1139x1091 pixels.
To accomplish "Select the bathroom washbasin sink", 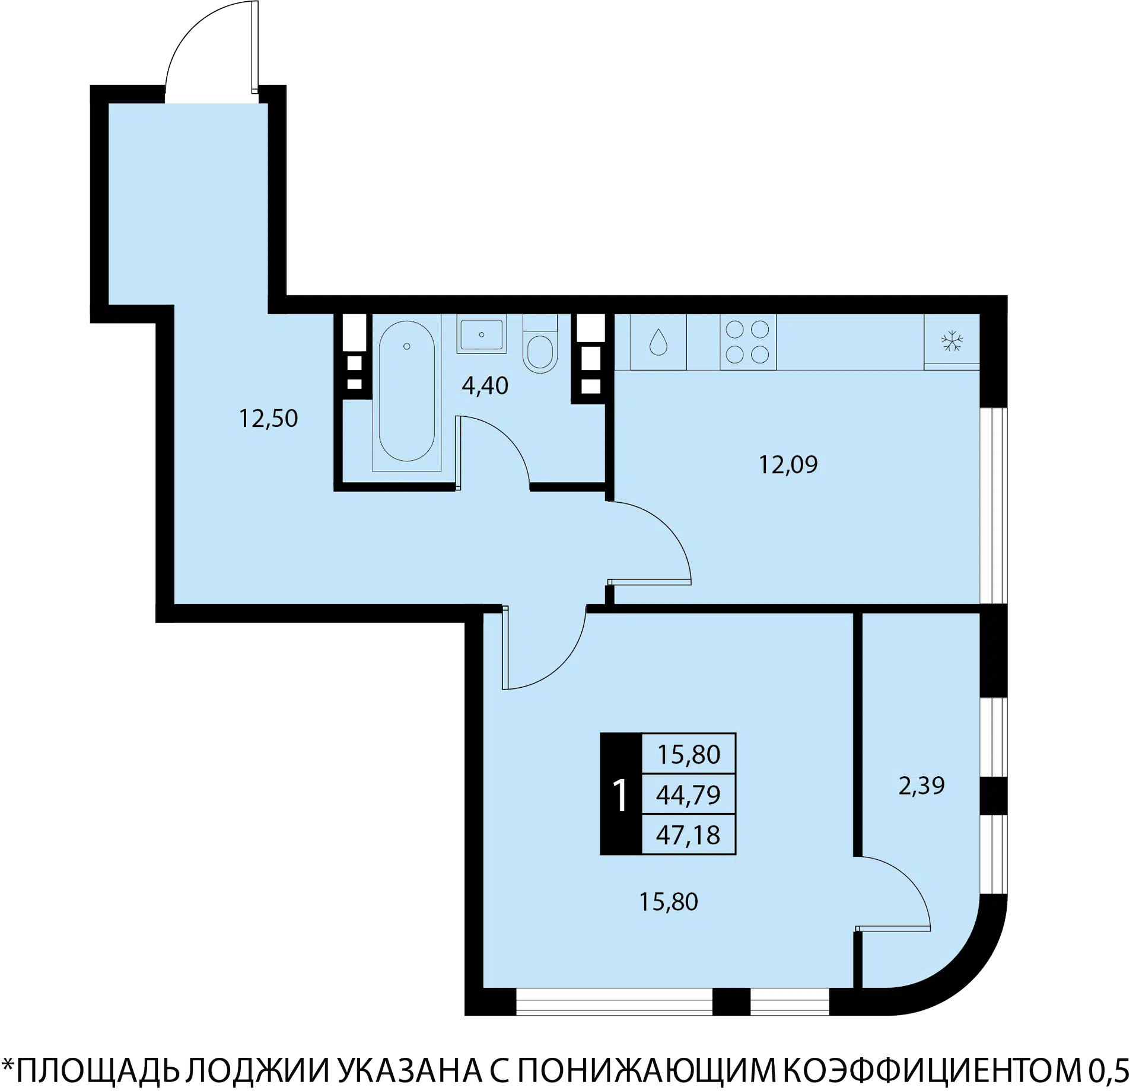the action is pos(481,335).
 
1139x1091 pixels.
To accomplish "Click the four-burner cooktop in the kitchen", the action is pos(747,342).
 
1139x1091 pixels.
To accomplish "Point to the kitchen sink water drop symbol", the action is pos(658,342).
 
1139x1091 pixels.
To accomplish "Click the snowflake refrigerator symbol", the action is pos(952,341).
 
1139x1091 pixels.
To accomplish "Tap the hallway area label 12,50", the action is pos(268,419).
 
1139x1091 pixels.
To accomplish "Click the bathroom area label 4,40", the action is pos(485,386).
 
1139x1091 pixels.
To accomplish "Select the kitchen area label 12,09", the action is pos(788,464).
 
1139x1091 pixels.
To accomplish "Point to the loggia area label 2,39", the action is pos(921,786).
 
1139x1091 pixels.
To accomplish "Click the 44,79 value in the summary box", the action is pos(688,795).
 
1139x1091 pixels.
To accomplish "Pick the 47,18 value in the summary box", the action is pos(688,835).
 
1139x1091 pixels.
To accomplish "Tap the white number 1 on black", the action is pos(620,795).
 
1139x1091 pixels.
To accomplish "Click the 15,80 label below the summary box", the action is pos(668,902).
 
